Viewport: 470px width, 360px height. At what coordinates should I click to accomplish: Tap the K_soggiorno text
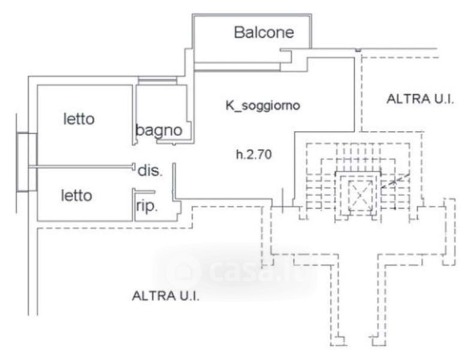262,105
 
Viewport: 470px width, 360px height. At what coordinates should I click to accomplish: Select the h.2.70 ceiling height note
254,155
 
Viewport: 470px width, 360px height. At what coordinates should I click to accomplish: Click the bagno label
158,130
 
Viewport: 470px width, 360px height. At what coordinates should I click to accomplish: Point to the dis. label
150,170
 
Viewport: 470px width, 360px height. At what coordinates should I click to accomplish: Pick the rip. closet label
146,207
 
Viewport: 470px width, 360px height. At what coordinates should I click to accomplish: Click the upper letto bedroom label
79,119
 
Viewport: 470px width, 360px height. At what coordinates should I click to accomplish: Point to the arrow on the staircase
397,178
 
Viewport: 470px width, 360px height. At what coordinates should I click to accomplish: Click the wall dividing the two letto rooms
84,166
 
